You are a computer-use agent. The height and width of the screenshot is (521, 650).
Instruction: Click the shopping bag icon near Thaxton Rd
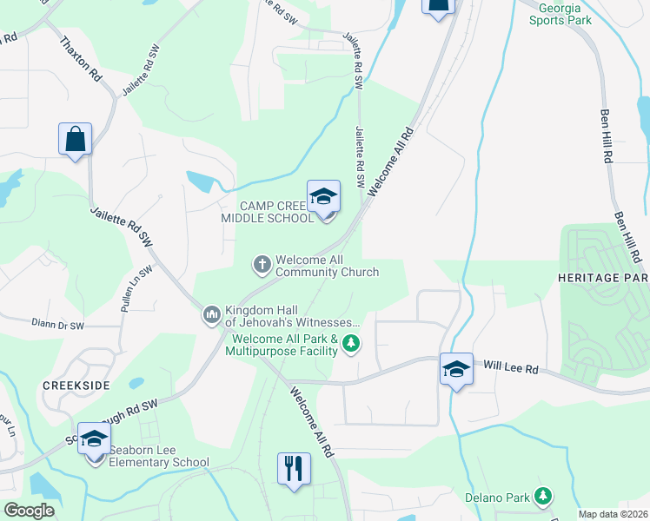tap(76, 140)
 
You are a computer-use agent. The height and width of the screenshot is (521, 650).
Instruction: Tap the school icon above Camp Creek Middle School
tap(323, 197)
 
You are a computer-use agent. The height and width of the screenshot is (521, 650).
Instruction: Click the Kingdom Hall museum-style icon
tap(211, 313)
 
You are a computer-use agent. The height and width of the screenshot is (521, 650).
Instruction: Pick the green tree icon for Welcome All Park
tap(352, 345)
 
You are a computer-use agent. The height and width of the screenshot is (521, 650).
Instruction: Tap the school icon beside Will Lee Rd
tap(456, 369)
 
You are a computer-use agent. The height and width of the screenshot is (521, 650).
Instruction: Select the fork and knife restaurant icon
tap(294, 469)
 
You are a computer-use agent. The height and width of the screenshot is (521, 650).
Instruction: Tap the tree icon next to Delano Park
tap(543, 496)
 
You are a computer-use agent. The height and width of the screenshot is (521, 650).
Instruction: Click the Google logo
tap(29, 510)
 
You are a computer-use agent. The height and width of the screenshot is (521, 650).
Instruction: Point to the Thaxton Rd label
tap(80, 60)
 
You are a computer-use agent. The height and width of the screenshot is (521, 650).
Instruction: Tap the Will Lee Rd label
tap(511, 368)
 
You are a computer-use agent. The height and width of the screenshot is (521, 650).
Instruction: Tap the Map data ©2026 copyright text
tap(613, 514)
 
